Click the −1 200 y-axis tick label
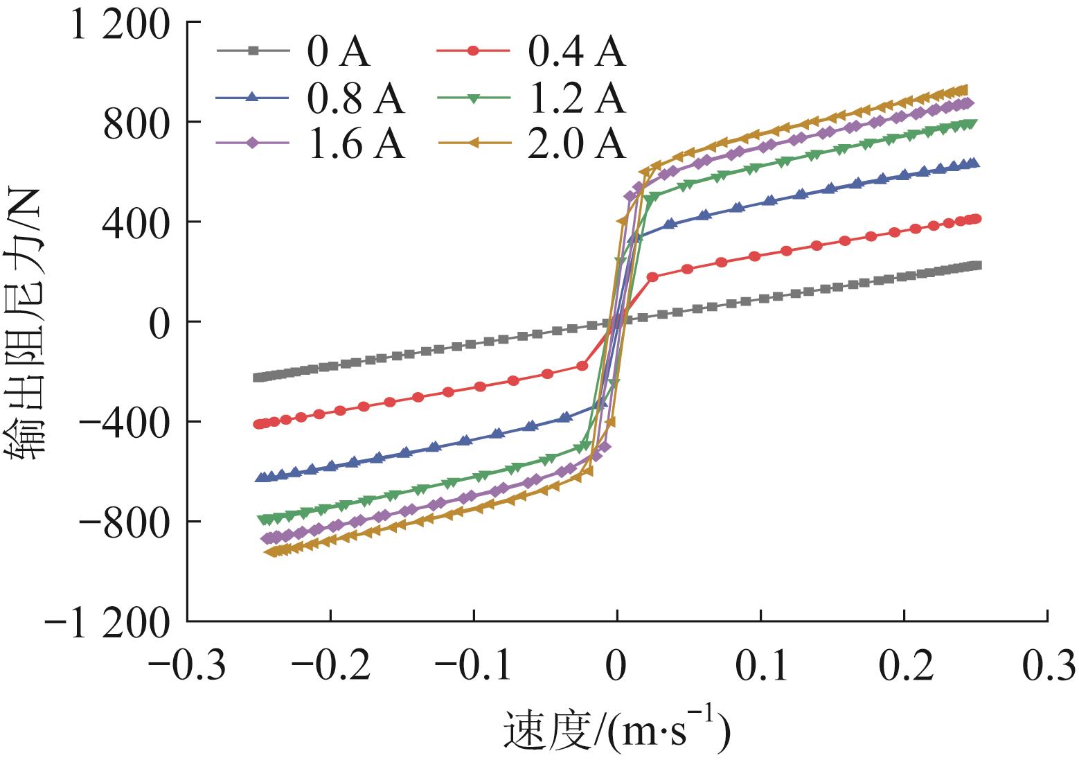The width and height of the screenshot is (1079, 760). point(107,622)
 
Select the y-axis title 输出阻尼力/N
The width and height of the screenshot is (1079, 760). point(28,321)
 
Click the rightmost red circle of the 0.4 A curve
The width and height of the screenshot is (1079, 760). point(977,219)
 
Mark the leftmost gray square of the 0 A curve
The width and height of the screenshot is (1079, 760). point(257,378)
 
